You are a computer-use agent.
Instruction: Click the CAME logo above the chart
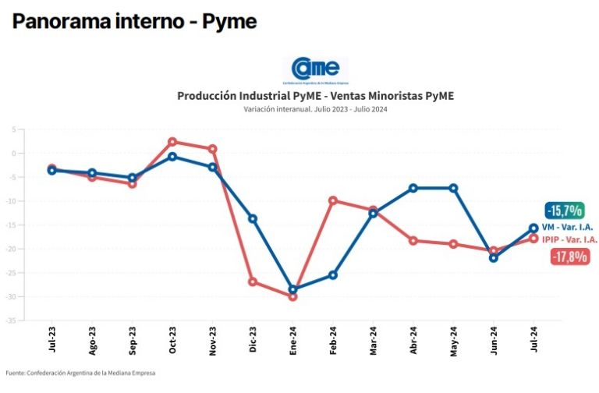(315, 70)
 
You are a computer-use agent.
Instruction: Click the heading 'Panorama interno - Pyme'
(134, 22)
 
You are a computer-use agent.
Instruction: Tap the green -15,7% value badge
(565, 211)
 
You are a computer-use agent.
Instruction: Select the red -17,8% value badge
(569, 257)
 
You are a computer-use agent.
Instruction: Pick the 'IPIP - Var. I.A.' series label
(570, 239)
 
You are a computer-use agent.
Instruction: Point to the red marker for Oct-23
(172, 142)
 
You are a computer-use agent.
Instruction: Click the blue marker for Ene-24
(293, 289)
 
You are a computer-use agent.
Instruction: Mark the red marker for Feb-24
(333, 200)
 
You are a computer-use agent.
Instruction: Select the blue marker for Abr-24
(413, 188)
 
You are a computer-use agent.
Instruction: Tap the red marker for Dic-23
(253, 281)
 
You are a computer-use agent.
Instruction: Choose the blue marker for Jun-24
(494, 257)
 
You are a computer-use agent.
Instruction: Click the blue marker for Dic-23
(253, 219)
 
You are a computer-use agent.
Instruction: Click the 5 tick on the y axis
(14, 129)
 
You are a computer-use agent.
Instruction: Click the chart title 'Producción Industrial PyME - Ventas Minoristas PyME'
(315, 96)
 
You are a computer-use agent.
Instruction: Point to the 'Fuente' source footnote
(80, 373)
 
